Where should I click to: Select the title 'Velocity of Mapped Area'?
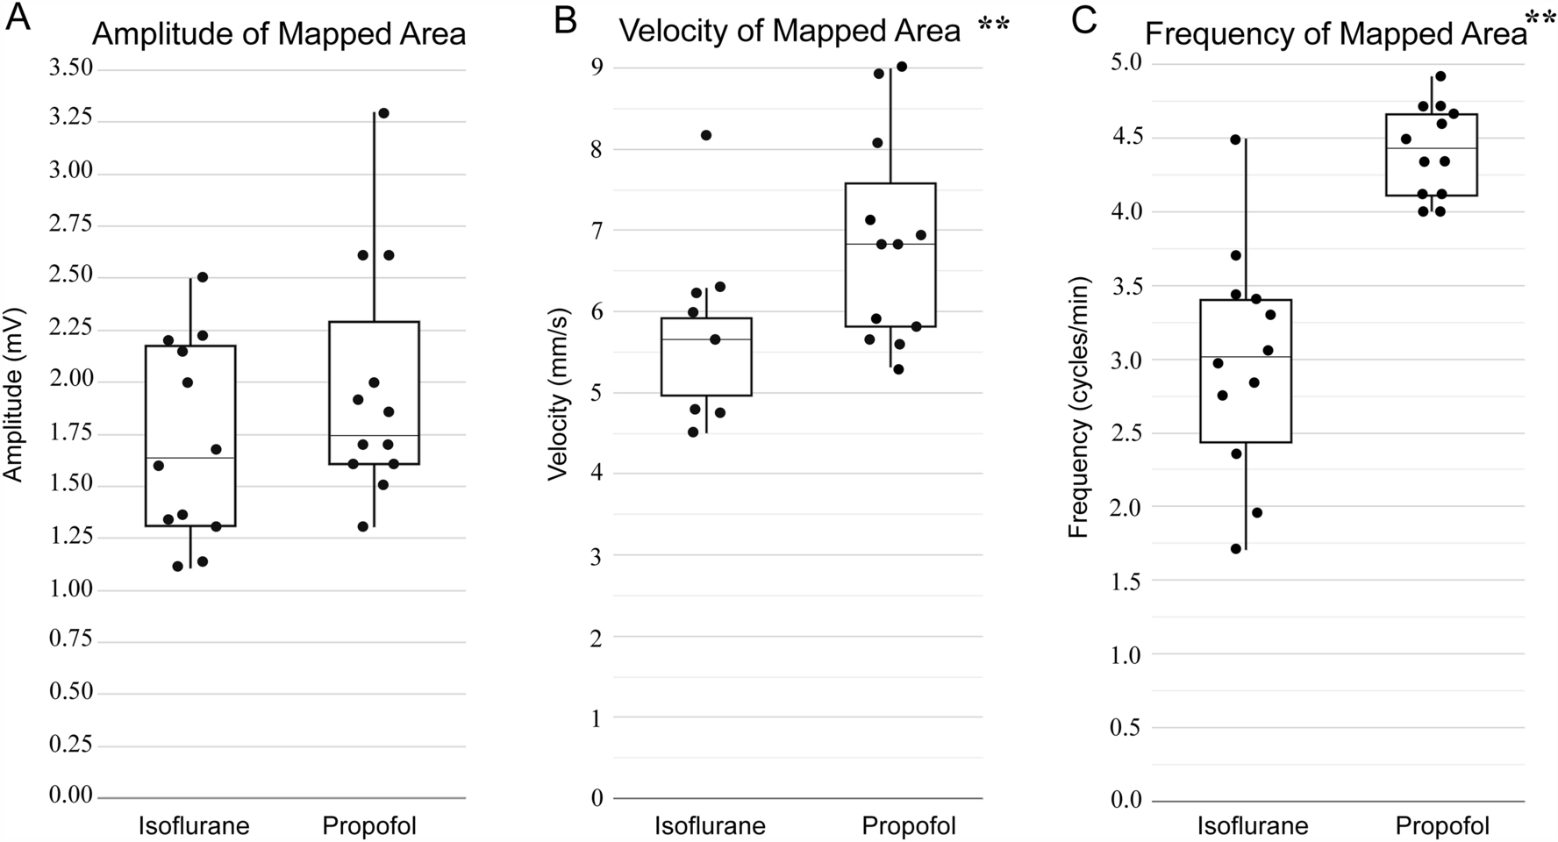[x=790, y=32]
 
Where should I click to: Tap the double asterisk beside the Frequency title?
[x=1541, y=20]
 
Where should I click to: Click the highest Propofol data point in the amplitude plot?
[x=382, y=113]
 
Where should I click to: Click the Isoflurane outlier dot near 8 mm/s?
[x=706, y=135]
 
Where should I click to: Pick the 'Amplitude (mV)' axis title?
[x=12, y=394]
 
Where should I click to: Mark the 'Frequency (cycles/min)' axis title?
[x=1078, y=408]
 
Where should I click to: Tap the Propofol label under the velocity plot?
[x=908, y=825]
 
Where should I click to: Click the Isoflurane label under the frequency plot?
[x=1252, y=826]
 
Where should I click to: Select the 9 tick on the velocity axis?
[x=597, y=68]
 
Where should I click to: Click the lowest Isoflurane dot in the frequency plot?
[x=1236, y=549]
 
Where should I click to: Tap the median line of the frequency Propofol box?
[x=1431, y=149]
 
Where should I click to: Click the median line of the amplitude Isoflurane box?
[x=190, y=458]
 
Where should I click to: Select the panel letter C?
[x=1084, y=19]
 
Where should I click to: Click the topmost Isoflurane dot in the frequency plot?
[x=1236, y=139]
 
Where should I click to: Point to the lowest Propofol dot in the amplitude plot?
[x=363, y=526]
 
